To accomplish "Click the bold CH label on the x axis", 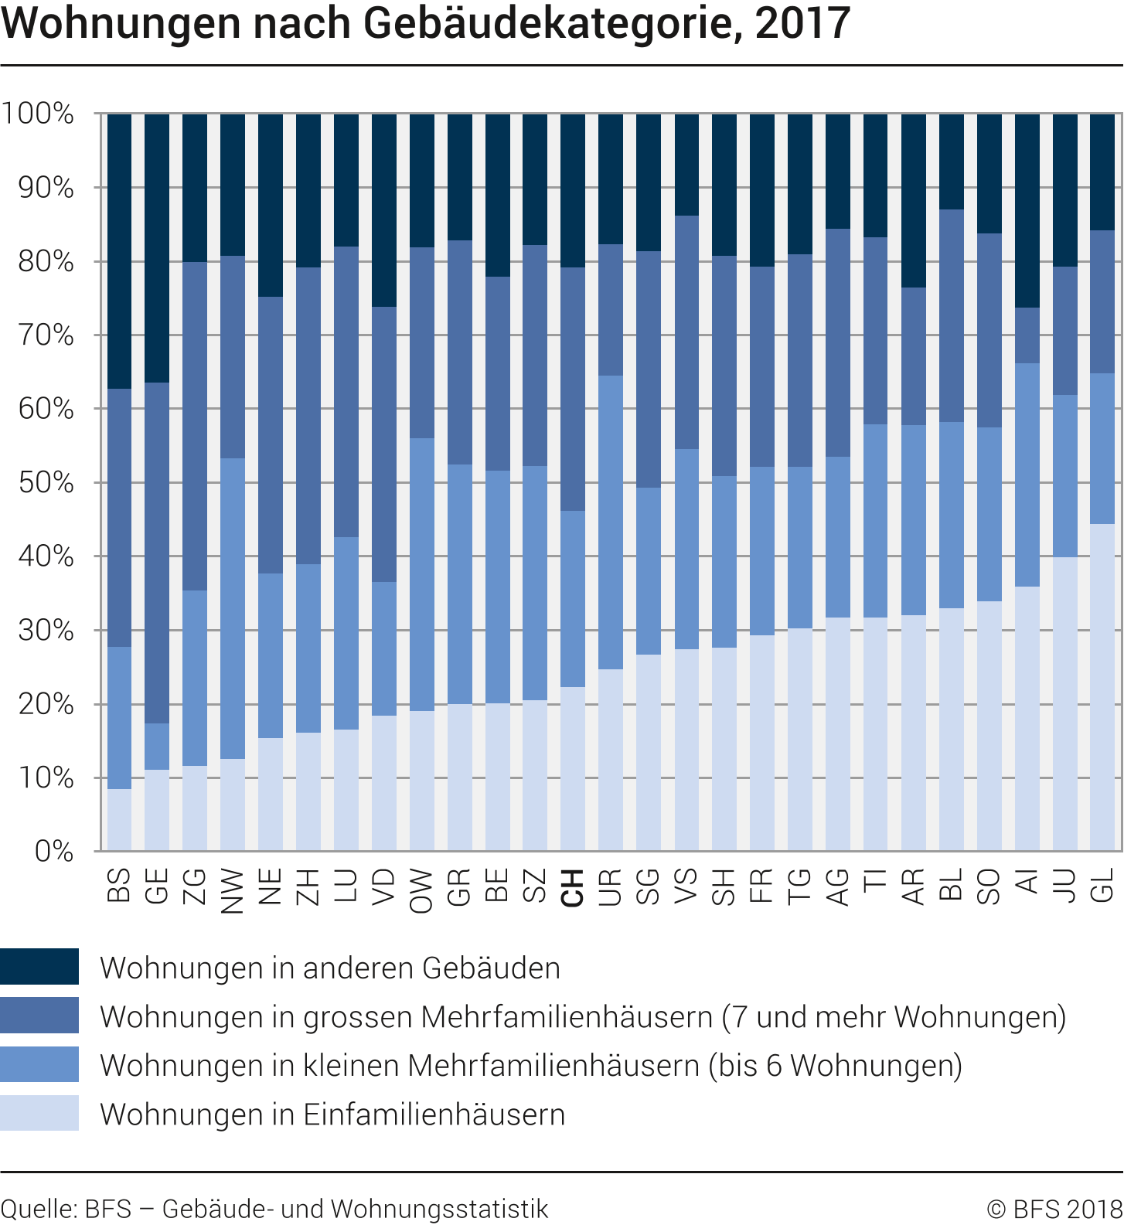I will [572, 887].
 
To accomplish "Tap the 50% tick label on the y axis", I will [46, 483].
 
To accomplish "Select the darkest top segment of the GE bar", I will [157, 247].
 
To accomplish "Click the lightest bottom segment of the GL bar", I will [1102, 688].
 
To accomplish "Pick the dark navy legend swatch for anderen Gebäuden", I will [39, 967].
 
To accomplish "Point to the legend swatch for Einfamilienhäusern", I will [39, 1113].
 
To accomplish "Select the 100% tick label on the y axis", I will [39, 114].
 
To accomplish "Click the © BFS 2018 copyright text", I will [1054, 1209].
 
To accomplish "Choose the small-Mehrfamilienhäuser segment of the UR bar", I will [611, 522].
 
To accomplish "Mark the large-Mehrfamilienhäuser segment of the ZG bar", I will [195, 425].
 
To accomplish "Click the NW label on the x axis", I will [232, 891].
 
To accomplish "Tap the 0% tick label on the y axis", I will [54, 852].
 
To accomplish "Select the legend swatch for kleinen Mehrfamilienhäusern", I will [39, 1064].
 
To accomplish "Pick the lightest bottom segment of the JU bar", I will [1064, 703].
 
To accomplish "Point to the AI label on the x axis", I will [1027, 881].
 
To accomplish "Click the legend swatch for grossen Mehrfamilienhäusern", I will [39, 1016].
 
